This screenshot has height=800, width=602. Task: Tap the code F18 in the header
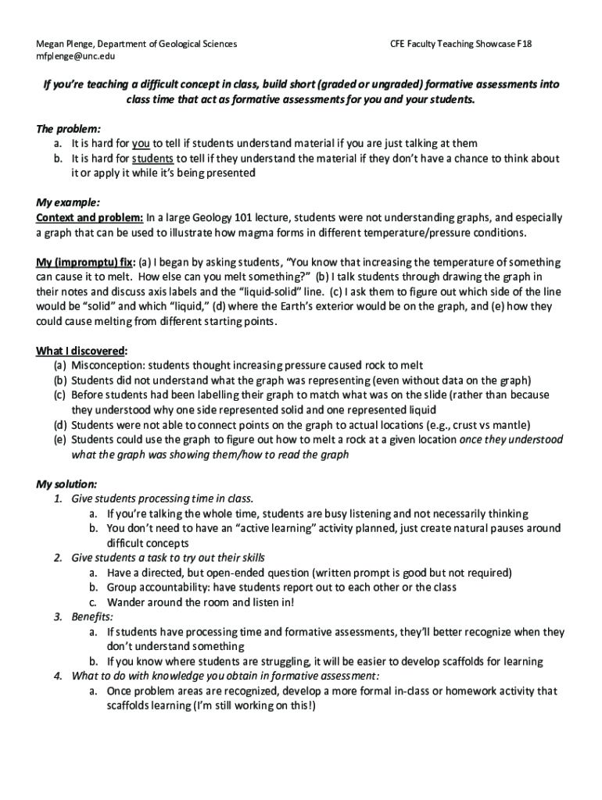coord(524,44)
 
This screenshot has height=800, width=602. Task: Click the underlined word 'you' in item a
coord(141,143)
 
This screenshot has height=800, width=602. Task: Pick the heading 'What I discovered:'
coord(82,350)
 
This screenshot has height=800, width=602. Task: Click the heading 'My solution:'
coord(66,484)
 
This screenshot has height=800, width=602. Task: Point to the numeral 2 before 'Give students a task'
coord(58,558)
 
